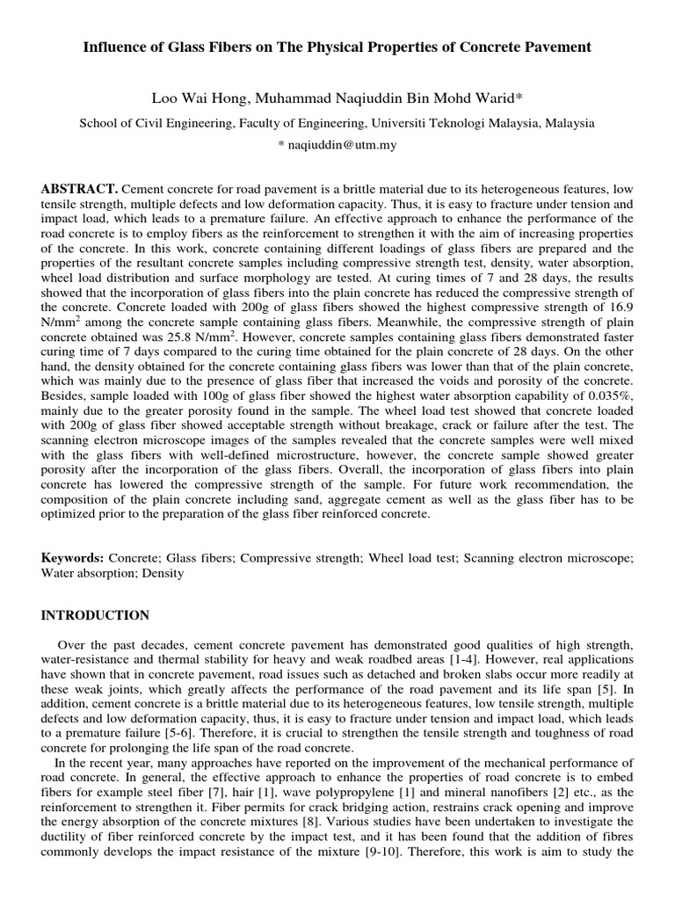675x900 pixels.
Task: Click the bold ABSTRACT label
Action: (x=79, y=190)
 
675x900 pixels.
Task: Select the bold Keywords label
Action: (x=73, y=558)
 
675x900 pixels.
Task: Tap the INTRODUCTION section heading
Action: (x=95, y=615)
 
